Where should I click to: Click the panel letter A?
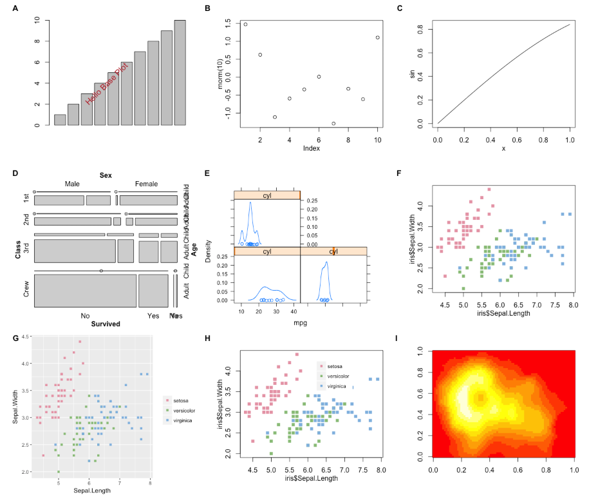[15, 8]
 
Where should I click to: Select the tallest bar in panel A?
[180, 73]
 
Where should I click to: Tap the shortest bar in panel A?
[60, 120]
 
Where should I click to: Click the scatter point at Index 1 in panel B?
[245, 24]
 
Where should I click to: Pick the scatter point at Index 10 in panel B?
[377, 37]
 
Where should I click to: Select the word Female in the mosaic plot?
[146, 184]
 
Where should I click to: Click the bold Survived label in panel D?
[106, 324]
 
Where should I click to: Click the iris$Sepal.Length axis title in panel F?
[503, 313]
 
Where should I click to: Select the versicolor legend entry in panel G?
[184, 410]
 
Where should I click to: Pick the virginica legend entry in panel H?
[337, 385]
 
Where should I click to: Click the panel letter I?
[398, 338]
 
